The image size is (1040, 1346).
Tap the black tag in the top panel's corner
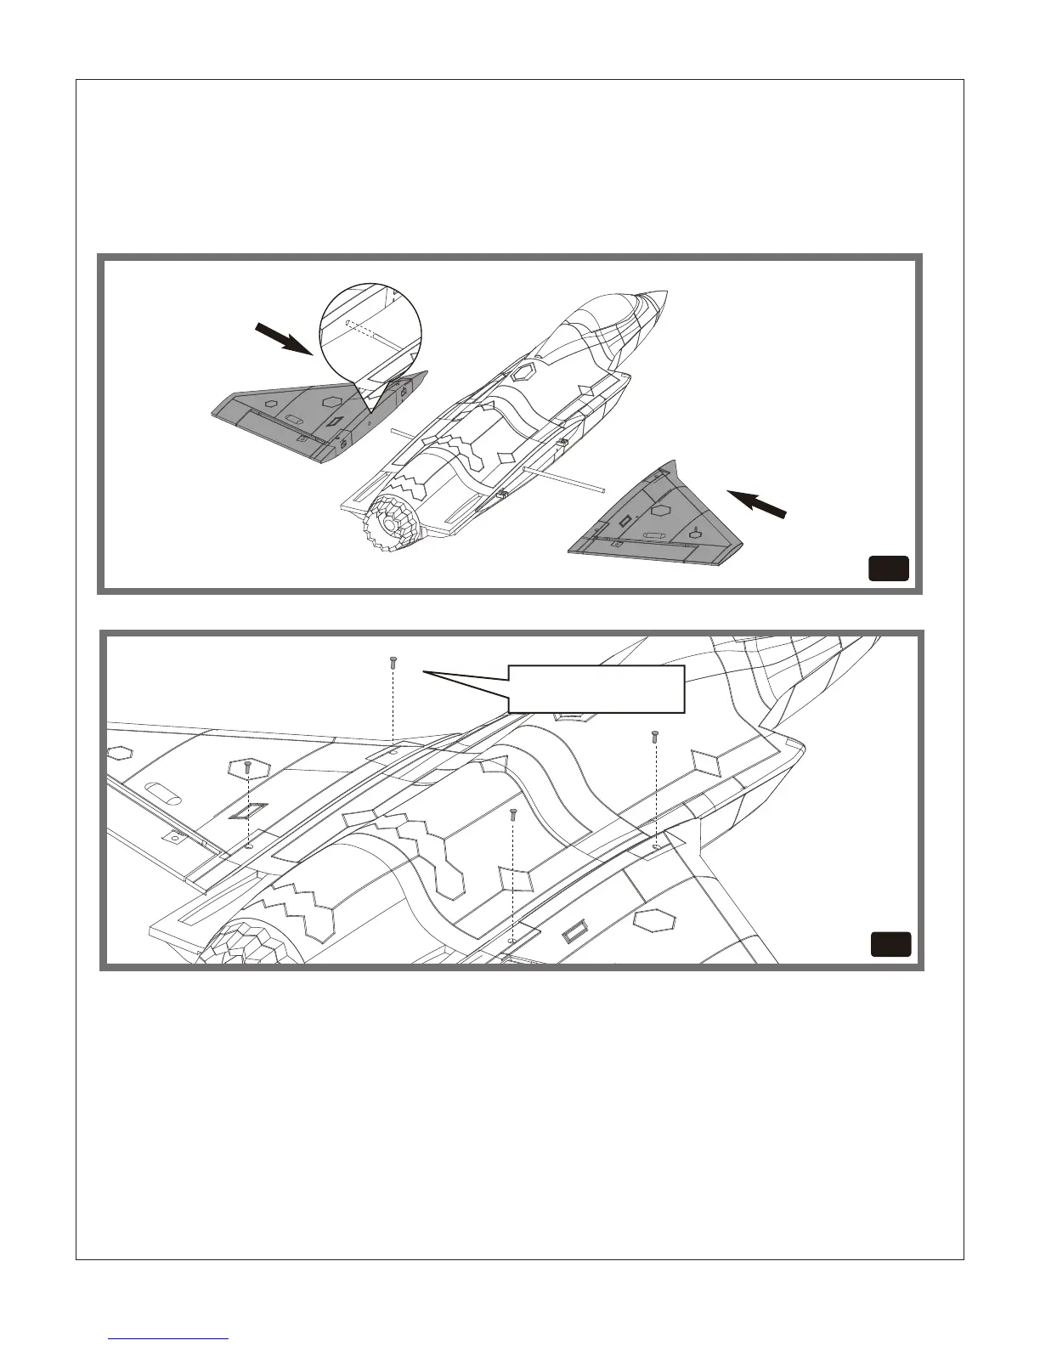(888, 568)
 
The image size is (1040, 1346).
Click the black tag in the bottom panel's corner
(890, 944)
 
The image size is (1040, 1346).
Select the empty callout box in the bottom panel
(596, 688)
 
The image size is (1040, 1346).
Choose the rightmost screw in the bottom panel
(654, 734)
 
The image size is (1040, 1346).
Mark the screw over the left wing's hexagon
(247, 766)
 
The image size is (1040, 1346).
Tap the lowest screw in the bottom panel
(512, 814)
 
